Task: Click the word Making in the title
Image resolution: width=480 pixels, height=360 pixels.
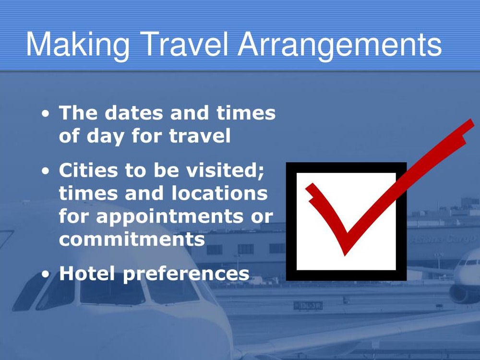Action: click(x=77, y=44)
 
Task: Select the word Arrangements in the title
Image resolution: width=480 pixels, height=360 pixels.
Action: click(x=340, y=44)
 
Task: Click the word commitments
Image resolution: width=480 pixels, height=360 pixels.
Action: click(x=132, y=239)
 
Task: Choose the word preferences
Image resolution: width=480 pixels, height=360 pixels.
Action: click(x=186, y=274)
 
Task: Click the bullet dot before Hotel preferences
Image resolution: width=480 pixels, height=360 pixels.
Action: click(x=45, y=275)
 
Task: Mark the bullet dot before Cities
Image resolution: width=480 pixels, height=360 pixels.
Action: click(x=45, y=171)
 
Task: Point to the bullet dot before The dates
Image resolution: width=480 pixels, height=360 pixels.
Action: click(x=45, y=114)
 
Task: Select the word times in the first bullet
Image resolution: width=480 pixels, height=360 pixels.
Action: click(x=246, y=113)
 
